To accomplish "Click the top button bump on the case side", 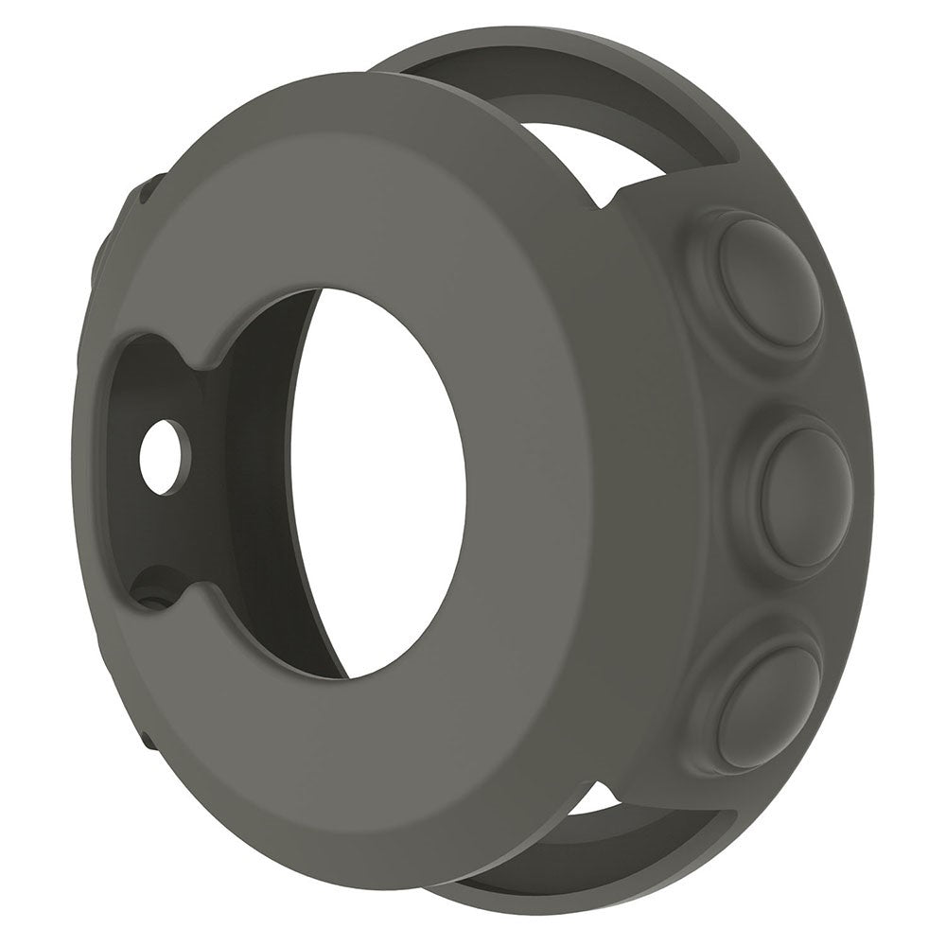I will [768, 281].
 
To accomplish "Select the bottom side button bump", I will [767, 705].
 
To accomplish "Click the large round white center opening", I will [378, 482].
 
